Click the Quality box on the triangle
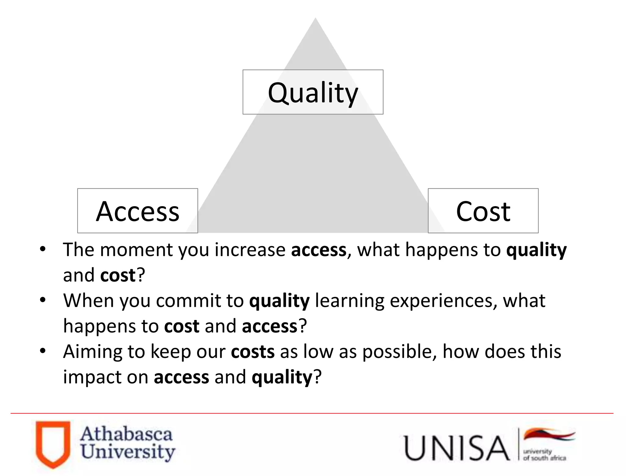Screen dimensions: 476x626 [x=313, y=92]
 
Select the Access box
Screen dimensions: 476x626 [x=138, y=211]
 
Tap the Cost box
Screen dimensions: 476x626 [x=483, y=211]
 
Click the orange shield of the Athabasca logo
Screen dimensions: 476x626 [x=53, y=444]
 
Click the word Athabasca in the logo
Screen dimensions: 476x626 [x=126, y=434]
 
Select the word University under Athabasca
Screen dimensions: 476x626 [x=128, y=452]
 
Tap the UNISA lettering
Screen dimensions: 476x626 [x=456, y=448]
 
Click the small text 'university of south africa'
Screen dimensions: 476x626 [x=544, y=455]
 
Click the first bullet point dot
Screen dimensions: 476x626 [x=43, y=249]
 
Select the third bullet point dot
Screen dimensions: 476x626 [x=43, y=351]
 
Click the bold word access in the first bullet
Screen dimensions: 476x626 [x=319, y=250]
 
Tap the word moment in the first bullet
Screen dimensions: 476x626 [x=137, y=250]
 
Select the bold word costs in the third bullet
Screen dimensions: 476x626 [x=252, y=352]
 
